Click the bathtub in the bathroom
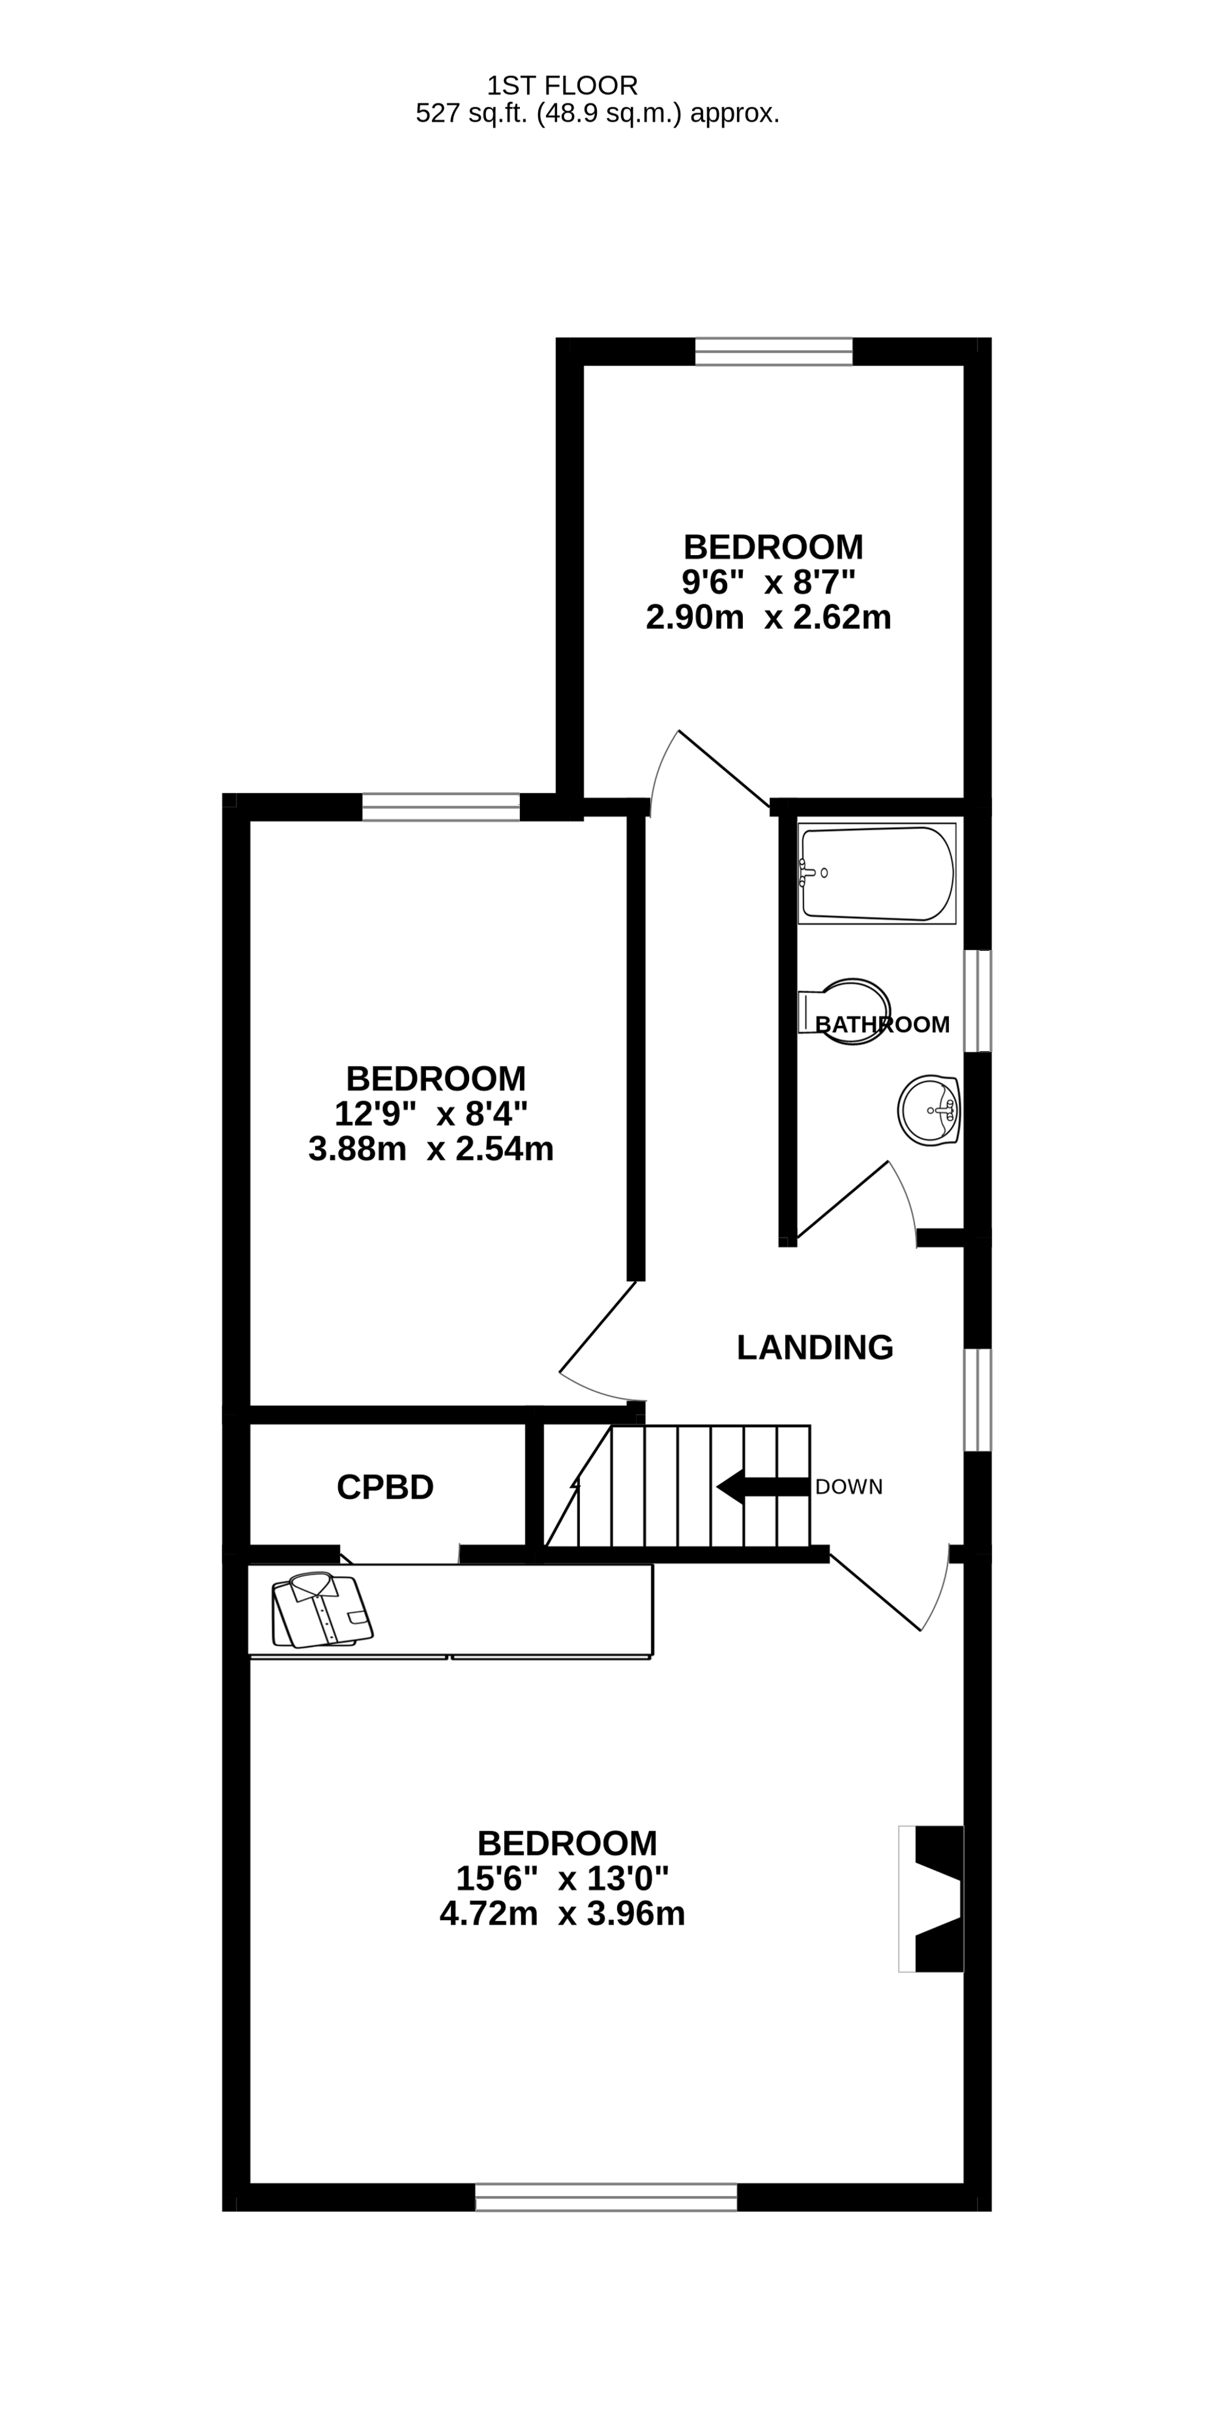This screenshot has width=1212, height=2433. (877, 874)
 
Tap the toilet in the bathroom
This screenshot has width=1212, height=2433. (845, 1011)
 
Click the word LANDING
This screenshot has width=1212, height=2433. (814, 1347)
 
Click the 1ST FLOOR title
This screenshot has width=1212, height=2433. (562, 86)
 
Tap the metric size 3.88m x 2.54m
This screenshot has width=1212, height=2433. (431, 1148)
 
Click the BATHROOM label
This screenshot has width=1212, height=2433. (882, 1024)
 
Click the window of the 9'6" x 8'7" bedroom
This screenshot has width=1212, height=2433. (774, 351)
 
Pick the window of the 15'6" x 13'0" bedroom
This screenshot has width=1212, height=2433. (605, 2197)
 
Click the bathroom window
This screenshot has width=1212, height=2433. (977, 1000)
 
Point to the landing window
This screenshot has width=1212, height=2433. (977, 1400)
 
